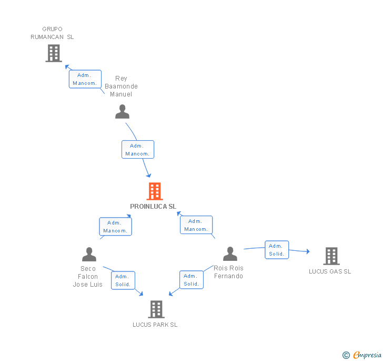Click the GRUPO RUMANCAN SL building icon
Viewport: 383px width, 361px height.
pos(54,53)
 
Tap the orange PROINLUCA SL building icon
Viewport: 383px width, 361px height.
pos(154,191)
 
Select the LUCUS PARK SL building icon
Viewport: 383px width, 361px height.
pos(156,309)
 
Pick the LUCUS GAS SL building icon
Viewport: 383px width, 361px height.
pos(331,256)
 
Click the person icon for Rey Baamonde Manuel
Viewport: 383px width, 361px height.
pos(122,112)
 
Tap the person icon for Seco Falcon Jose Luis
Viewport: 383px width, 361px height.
pos(89,255)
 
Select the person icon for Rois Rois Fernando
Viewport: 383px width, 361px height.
pos(230,254)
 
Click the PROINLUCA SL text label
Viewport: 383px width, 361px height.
pos(153,207)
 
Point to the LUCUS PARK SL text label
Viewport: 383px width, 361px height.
pos(155,325)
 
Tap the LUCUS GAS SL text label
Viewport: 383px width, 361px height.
pos(330,271)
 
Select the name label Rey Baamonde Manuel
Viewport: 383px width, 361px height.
pos(121,86)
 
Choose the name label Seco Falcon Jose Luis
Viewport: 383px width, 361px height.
pos(88,277)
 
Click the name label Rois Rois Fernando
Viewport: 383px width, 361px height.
pos(228,272)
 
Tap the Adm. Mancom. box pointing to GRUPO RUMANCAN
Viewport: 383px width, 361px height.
pos(85,79)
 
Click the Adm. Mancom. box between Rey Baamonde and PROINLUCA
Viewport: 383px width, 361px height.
pos(138,150)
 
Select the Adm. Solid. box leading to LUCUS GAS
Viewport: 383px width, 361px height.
pos(276,250)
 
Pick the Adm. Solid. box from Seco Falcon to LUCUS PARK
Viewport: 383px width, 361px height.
pos(123,280)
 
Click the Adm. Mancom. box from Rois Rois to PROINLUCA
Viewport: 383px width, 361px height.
pos(196,225)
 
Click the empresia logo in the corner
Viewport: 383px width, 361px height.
pos(362,355)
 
